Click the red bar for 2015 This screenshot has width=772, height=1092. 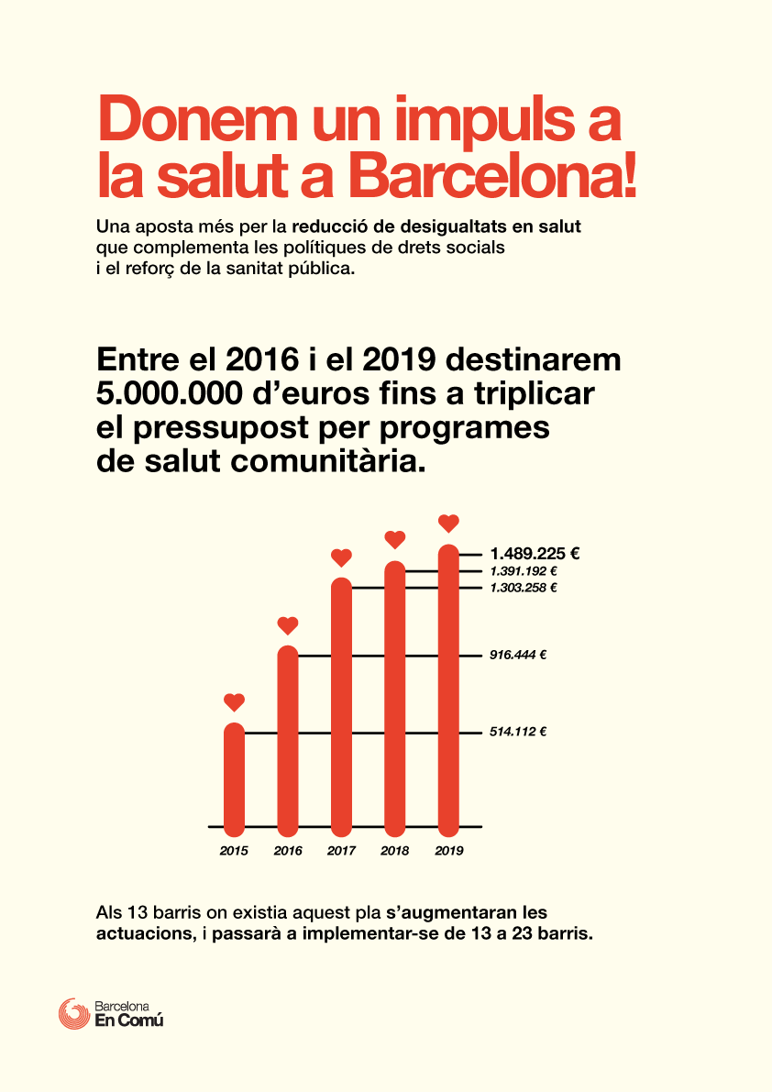click(234, 779)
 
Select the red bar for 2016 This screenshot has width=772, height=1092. click(288, 741)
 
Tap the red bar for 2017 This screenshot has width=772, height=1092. click(341, 707)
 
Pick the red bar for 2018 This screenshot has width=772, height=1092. click(394, 699)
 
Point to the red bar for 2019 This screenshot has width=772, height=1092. click(449, 690)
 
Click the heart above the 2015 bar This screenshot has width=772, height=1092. click(234, 702)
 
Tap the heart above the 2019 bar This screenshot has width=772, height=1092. click(449, 523)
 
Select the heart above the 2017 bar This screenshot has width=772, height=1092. click(341, 557)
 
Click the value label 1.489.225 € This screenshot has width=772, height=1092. click(535, 554)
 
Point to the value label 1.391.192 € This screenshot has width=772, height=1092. click(524, 571)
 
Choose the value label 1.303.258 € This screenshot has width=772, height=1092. click(524, 588)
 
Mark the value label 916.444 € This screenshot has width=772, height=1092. click(518, 655)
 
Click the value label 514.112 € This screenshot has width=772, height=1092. click(518, 732)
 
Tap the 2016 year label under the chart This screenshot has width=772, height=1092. click(288, 850)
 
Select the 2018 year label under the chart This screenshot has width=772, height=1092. click(394, 850)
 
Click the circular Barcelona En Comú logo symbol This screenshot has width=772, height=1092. click(73, 1014)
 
